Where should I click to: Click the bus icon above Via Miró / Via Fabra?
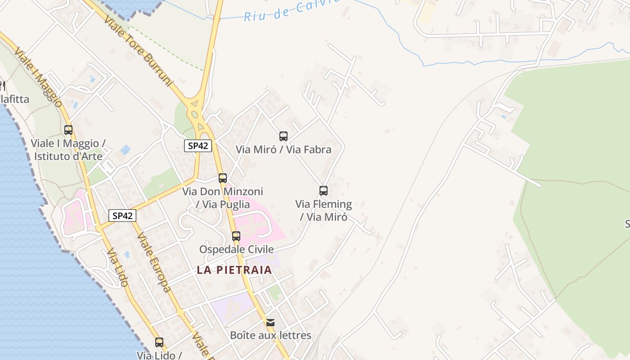[x=283, y=136]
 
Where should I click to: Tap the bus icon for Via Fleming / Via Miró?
[x=323, y=190]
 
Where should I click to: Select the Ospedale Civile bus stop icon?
[x=236, y=236]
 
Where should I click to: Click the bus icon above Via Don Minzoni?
[x=222, y=178]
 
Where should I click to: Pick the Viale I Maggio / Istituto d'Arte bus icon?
[x=68, y=130]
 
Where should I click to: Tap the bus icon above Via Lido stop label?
[x=159, y=342]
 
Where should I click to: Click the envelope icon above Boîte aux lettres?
[x=270, y=322]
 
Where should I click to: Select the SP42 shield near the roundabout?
[x=198, y=145]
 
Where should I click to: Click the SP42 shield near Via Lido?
[x=122, y=216]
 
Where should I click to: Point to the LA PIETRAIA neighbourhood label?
[x=234, y=270]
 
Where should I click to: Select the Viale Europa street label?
[x=153, y=262]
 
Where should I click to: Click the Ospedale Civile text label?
[x=236, y=249]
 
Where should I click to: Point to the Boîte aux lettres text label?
[x=270, y=335]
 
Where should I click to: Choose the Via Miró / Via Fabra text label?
[x=283, y=149]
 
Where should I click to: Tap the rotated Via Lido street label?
[x=118, y=267]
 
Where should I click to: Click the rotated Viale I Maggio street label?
[x=38, y=76]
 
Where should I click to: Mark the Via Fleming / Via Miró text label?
[x=324, y=210]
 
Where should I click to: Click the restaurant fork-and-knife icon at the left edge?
[x=2, y=85]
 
